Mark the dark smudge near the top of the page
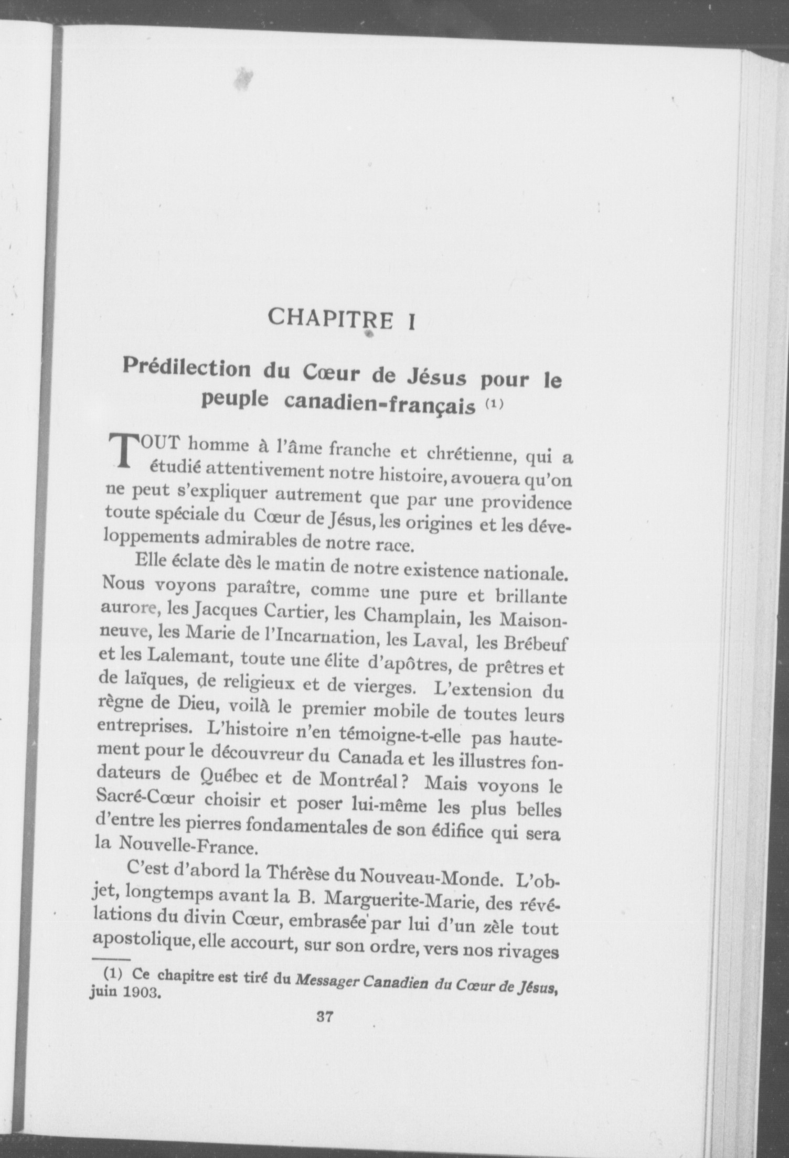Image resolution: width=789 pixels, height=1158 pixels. (x=242, y=78)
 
